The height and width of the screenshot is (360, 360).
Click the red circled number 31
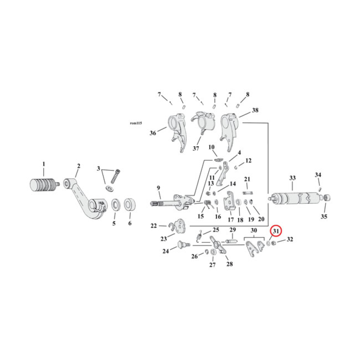pyautogui.click(x=275, y=231)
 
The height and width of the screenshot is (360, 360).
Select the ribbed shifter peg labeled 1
pyautogui.click(x=43, y=184)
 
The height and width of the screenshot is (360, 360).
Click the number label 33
pyautogui.click(x=292, y=178)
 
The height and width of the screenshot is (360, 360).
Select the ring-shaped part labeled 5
pyautogui.click(x=115, y=205)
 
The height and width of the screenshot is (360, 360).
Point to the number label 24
pyautogui.click(x=166, y=252)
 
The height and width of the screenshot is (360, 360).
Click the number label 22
pyautogui.click(x=153, y=226)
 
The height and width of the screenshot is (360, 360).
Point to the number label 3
pyautogui.click(x=98, y=168)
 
